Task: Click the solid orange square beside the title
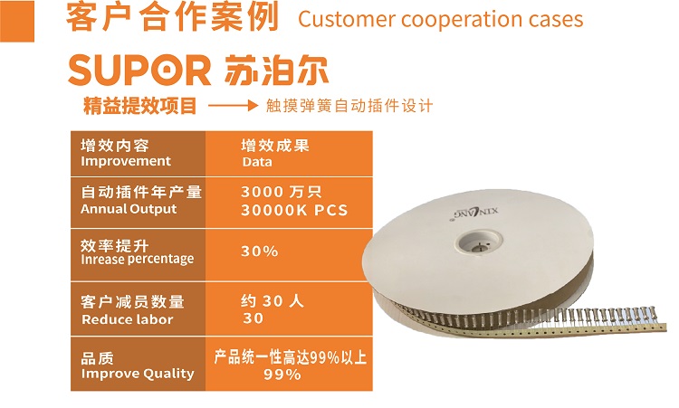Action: pos(17,21)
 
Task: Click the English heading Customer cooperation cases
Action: pos(440,20)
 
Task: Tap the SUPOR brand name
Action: pos(139,71)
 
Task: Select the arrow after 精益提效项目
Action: pos(234,106)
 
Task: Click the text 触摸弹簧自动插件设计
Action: pos(349,106)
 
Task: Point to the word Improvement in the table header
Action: pos(126,161)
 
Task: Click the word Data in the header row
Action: pos(257,162)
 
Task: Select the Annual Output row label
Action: pos(129,209)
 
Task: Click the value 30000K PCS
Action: pos(294,210)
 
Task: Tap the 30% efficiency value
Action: pos(260,251)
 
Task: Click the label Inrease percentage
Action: pos(138,259)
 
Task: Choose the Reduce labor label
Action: pos(128,319)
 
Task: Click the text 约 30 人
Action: pos(273,300)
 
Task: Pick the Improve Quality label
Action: pos(138,374)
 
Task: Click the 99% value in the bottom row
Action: pos(282,375)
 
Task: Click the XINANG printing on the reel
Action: pos(475,213)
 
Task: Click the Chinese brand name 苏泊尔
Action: pos(276,70)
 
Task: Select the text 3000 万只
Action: pos(282,192)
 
